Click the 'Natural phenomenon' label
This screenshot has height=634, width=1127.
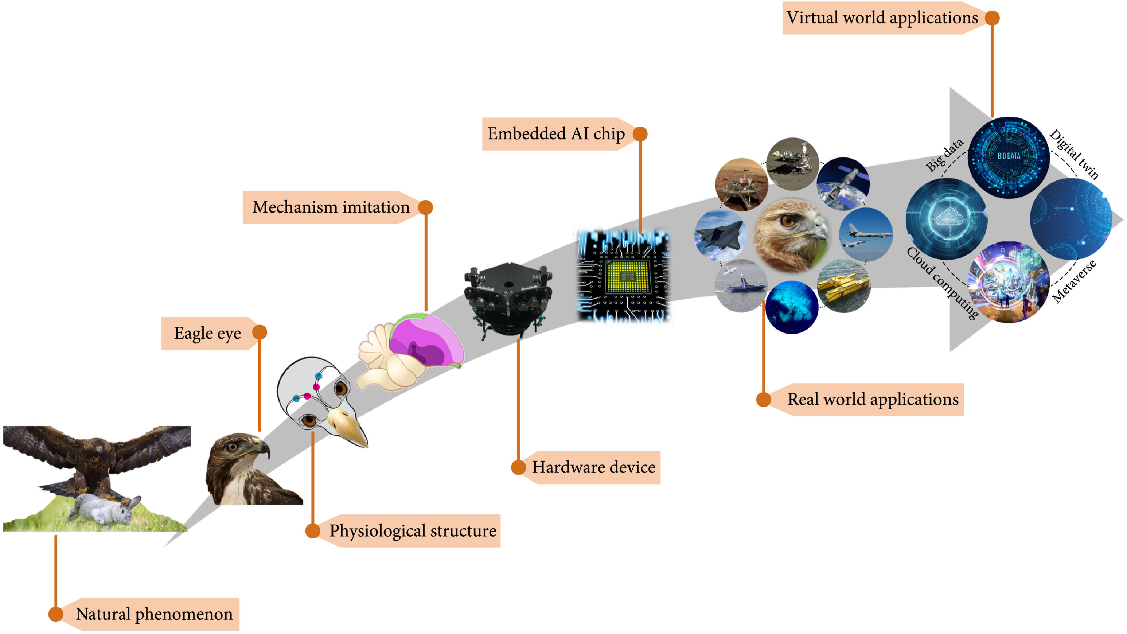pyautogui.click(x=154, y=614)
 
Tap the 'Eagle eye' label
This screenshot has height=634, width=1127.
pyautogui.click(x=207, y=334)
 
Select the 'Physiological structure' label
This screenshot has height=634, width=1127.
pyautogui.click(x=413, y=531)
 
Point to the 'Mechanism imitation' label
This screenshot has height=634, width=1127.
pyautogui.click(x=331, y=207)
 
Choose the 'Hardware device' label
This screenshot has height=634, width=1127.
pyautogui.click(x=594, y=467)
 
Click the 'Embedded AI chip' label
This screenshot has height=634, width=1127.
pyautogui.click(x=556, y=134)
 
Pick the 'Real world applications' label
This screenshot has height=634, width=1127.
pyautogui.click(x=873, y=400)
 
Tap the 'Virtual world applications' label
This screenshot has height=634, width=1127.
pyautogui.click(x=882, y=18)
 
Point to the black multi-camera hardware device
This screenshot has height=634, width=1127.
pyautogui.click(x=507, y=300)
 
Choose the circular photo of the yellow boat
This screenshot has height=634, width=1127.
pyautogui.click(x=843, y=285)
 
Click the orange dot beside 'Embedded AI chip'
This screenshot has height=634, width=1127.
pyautogui.click(x=640, y=134)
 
